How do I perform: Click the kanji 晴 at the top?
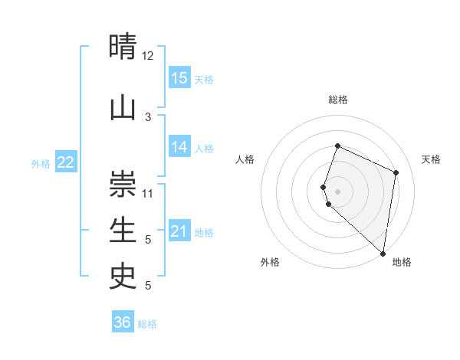click(x=123, y=47)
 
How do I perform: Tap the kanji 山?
click(x=123, y=107)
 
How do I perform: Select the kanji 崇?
click(x=123, y=185)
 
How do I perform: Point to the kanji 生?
click(x=123, y=229)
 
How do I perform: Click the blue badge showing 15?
click(x=179, y=78)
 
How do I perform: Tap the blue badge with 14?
click(x=179, y=147)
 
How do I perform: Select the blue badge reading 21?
click(x=179, y=231)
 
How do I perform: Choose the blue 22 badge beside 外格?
click(x=66, y=162)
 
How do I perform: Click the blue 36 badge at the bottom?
click(x=123, y=322)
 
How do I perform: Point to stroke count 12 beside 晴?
click(x=148, y=56)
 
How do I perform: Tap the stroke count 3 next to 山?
click(x=148, y=116)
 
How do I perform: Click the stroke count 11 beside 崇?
click(x=148, y=193)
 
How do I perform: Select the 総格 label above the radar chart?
click(x=337, y=100)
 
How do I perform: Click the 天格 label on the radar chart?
click(x=431, y=159)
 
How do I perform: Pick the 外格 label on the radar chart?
click(x=270, y=262)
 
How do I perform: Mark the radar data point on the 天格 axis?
click(x=396, y=172)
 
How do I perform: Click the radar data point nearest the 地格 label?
click(x=383, y=253)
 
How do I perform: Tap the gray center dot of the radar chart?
click(x=337, y=191)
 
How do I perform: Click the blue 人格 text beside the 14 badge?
click(x=204, y=149)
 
